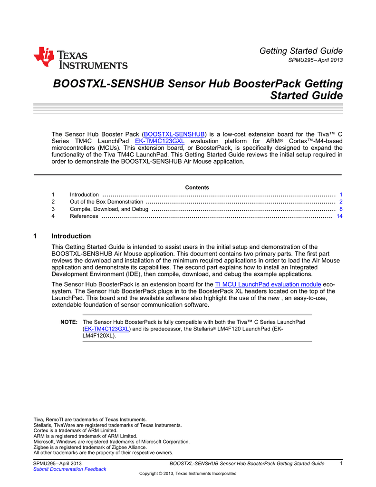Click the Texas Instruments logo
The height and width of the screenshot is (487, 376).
[80, 58]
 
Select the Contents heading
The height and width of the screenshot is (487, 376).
[197, 187]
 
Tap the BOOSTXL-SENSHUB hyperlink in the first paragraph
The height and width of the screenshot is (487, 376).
[174, 134]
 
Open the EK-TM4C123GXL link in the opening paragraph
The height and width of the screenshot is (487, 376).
[160, 141]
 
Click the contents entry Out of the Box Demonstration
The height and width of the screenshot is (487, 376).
[106, 202]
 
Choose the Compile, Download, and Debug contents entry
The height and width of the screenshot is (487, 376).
[109, 209]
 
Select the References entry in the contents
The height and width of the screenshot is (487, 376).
[84, 216]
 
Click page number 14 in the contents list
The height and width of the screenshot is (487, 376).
[339, 216]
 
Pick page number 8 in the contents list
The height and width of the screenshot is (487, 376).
[341, 209]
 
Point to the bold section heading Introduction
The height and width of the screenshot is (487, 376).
[71, 236]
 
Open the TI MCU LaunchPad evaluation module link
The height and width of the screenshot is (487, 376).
[268, 284]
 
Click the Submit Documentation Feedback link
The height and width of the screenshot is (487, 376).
[69, 469]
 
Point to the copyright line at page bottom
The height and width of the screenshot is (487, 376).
[187, 474]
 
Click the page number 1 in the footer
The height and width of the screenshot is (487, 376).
[341, 463]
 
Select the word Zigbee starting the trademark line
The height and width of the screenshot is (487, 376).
[41, 447]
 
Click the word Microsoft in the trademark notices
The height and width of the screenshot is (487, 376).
[44, 441]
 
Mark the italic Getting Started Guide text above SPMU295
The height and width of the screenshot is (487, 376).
[301, 51]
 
